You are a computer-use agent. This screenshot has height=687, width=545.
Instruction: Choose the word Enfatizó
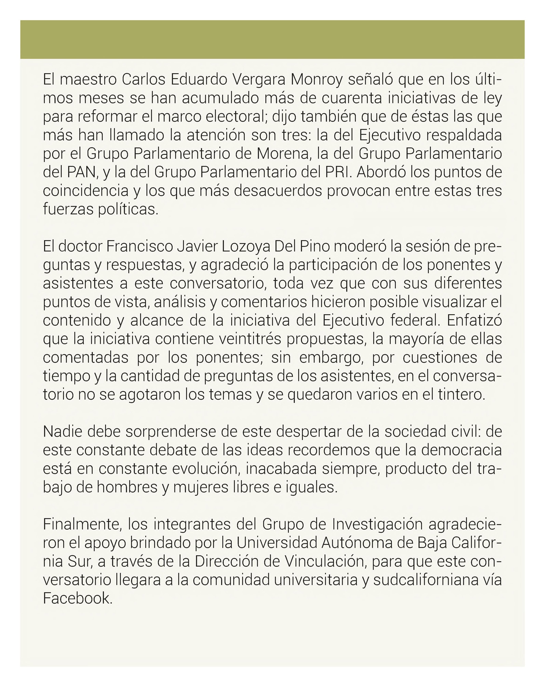tap(474, 320)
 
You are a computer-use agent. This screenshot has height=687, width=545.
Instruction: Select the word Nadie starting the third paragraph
tap(62, 432)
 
